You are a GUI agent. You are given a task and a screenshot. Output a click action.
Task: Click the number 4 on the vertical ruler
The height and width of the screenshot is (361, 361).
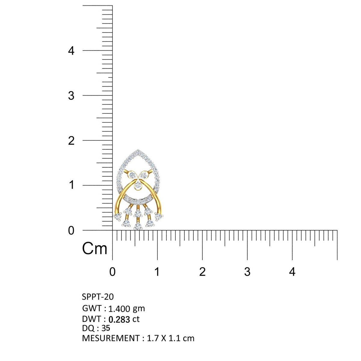coord(71,51)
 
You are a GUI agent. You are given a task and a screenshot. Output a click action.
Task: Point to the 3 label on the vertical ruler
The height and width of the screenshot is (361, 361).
coord(71,96)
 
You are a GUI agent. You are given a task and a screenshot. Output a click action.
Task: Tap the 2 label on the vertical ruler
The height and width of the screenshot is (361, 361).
coord(71,141)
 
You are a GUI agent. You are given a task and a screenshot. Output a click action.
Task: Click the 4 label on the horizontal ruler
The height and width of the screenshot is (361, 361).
coord(292,272)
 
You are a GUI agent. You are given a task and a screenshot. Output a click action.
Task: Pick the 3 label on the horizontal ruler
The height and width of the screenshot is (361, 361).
coord(247,272)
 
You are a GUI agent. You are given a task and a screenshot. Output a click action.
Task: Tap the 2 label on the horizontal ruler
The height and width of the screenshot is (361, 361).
coord(202,272)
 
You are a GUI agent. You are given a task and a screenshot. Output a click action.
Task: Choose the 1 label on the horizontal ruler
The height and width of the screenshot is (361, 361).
coord(157,272)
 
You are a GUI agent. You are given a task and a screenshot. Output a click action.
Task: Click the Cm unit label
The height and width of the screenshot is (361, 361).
coord(94,248)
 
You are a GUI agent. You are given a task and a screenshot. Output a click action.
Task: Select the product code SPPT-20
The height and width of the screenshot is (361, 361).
coord(98,297)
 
